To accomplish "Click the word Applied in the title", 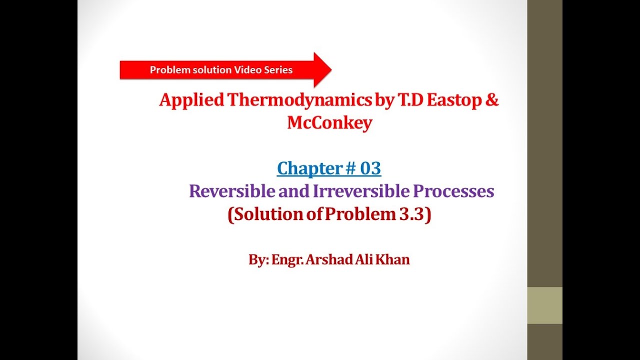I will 191,100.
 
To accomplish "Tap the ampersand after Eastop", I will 491,100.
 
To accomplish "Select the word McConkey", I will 329,123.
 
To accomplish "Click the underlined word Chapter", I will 307,168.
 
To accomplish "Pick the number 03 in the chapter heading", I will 370,168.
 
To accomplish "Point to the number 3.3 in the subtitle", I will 412,214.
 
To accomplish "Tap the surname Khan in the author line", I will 394,260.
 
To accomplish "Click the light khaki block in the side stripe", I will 544,305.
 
